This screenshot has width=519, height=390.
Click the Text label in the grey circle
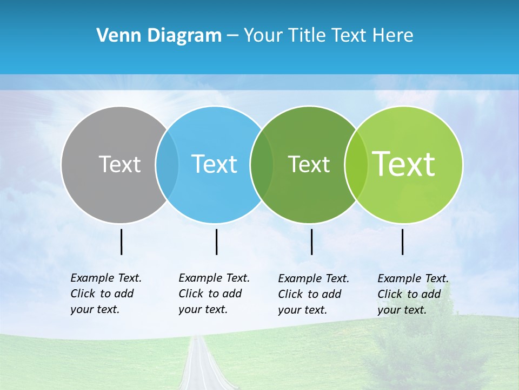[119, 164]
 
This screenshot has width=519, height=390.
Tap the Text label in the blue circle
[215, 164]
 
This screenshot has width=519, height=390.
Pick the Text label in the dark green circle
[309, 164]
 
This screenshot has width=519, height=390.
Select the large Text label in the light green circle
[404, 164]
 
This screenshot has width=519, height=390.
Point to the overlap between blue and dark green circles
[262, 164]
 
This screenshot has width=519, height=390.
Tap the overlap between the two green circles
[356, 164]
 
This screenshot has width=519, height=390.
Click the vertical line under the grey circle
[121, 242]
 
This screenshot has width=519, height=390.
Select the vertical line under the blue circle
[216, 242]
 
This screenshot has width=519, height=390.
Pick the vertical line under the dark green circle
[311, 242]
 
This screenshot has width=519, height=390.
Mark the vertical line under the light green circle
[403, 242]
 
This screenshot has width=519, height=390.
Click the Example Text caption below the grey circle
[105, 294]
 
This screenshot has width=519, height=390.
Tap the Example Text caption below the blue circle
[214, 294]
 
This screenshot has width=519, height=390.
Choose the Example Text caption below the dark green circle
[313, 294]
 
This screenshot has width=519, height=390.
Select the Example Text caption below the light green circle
[412, 294]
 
